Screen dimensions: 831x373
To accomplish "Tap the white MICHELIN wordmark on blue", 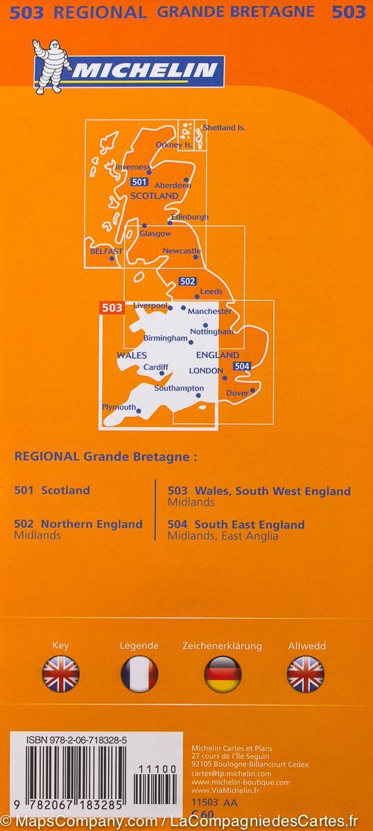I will pyautogui.click(x=146, y=70).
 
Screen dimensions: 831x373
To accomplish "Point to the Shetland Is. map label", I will pyautogui.click(x=224, y=128).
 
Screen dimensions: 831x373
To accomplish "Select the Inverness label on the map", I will pyautogui.click(x=132, y=168).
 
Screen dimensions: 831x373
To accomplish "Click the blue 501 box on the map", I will pyautogui.click(x=139, y=182).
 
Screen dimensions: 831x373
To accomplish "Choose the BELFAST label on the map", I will pyautogui.click(x=106, y=251).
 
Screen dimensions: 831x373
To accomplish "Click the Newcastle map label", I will pyautogui.click(x=182, y=251).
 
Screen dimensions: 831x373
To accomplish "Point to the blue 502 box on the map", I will pyautogui.click(x=187, y=281).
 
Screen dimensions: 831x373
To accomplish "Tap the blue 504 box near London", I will pyautogui.click(x=241, y=366).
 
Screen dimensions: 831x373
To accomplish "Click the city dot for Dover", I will pyautogui.click(x=252, y=390).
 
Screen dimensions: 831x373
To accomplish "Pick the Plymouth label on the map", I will pyautogui.click(x=119, y=407).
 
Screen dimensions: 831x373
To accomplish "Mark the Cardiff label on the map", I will pyautogui.click(x=155, y=367).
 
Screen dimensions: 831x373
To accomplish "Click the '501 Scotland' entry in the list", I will pyautogui.click(x=52, y=490).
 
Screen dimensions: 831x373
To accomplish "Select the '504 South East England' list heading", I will pyautogui.click(x=236, y=525).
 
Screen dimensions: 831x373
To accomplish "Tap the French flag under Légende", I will pyautogui.click(x=139, y=674).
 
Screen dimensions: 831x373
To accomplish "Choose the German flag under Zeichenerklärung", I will pyautogui.click(x=222, y=674).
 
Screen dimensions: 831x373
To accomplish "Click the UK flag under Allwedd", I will pyautogui.click(x=306, y=674).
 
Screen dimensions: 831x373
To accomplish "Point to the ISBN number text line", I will pyautogui.click(x=76, y=740).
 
